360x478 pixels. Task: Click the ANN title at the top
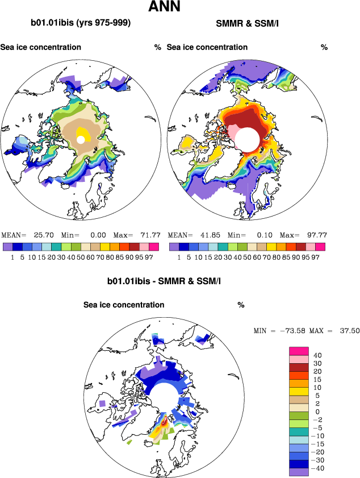tap(165, 7)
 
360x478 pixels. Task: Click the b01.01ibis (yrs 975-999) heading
tap(81, 23)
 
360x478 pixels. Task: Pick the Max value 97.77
tap(312, 235)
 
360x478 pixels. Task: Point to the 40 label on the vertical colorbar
tap(318, 355)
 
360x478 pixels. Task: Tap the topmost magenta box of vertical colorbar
tap(299, 351)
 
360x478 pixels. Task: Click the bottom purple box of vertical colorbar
tap(299, 471)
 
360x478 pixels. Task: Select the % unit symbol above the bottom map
tap(241, 305)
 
